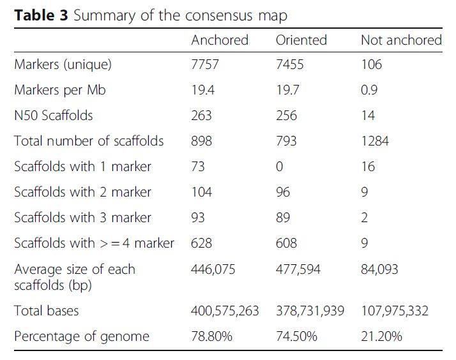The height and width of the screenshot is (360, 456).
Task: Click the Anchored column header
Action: (220, 40)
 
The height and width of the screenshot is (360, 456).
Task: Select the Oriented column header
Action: (301, 40)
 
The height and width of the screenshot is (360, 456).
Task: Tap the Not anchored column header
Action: (401, 40)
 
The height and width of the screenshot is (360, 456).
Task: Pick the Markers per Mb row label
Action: (60, 90)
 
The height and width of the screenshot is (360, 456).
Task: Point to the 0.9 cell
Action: (369, 90)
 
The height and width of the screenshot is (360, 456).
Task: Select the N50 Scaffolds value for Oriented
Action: (287, 116)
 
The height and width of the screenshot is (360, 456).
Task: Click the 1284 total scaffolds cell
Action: (375, 141)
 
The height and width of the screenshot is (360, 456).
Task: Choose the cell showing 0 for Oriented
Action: (280, 167)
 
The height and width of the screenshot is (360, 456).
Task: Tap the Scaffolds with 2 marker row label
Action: (83, 192)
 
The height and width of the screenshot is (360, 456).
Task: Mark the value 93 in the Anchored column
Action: (198, 218)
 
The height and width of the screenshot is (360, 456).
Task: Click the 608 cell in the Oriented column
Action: (287, 243)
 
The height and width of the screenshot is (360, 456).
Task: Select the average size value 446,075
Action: (213, 269)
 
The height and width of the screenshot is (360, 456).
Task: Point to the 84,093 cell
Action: (379, 269)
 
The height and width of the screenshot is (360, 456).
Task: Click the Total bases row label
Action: (47, 311)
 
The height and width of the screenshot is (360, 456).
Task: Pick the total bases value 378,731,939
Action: (310, 311)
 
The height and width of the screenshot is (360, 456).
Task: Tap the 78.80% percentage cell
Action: (211, 336)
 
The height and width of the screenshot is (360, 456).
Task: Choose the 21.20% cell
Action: (381, 336)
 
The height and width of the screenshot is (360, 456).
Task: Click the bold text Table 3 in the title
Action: (41, 16)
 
